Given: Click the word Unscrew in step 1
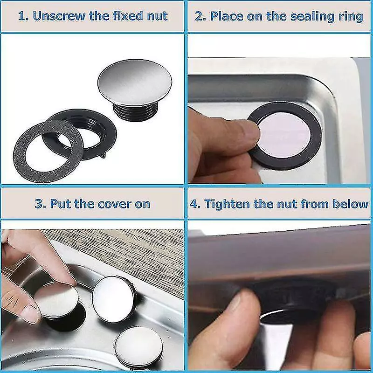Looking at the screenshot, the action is (x=59, y=16).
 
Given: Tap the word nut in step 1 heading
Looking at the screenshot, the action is (x=157, y=16).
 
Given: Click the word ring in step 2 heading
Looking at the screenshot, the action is (x=351, y=17).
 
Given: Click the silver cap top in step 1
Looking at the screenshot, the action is (x=135, y=82).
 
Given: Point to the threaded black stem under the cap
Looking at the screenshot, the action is (x=135, y=111).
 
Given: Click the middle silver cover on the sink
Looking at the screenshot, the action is (x=114, y=299).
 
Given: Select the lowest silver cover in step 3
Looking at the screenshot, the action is (x=138, y=345).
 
